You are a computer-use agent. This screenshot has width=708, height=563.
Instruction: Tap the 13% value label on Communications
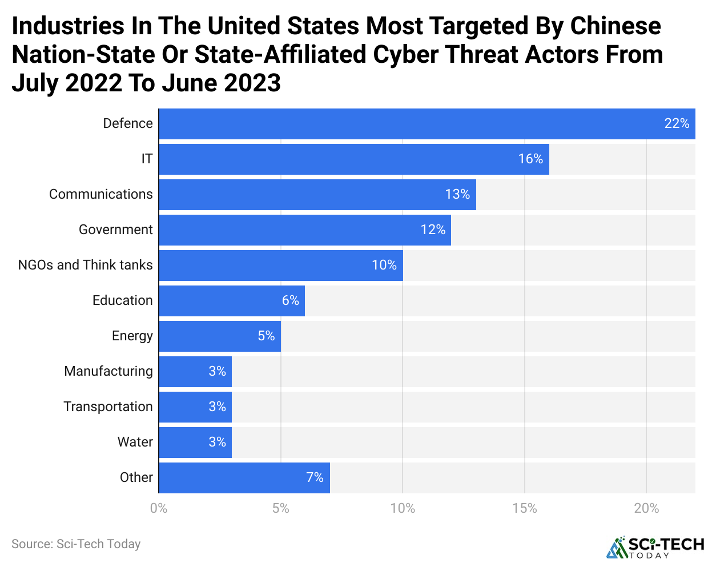click(x=457, y=195)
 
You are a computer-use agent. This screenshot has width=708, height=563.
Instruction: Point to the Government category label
click(x=116, y=230)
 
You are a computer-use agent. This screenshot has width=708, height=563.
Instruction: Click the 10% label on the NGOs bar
click(x=384, y=266)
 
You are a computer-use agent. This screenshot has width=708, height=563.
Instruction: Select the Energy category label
click(x=132, y=336)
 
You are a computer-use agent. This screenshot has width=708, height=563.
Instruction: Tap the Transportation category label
click(x=108, y=407)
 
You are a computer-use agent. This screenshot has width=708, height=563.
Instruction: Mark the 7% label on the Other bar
click(x=315, y=478)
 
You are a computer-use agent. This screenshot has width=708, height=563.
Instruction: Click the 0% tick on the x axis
click(x=159, y=508)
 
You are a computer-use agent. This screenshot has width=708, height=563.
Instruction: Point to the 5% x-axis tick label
click(x=280, y=508)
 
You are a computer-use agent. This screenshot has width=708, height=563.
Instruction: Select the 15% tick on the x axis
click(x=524, y=508)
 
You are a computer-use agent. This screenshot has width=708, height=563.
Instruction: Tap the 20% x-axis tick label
click(x=646, y=508)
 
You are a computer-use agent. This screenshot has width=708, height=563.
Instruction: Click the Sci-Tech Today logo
click(x=655, y=547)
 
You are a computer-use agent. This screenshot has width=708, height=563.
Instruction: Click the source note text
click(x=76, y=544)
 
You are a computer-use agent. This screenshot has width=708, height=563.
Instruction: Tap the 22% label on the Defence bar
click(x=677, y=124)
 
